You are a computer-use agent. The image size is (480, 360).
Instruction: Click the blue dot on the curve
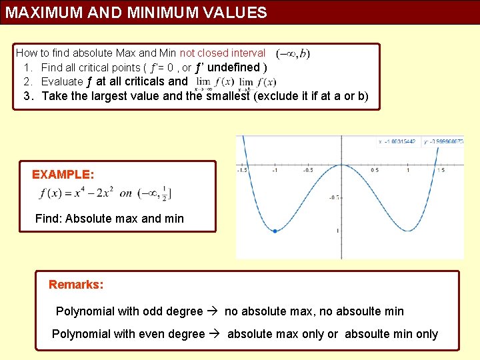275,231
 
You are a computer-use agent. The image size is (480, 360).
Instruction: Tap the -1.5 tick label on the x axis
243,171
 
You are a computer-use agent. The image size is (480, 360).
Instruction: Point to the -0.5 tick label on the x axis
309,171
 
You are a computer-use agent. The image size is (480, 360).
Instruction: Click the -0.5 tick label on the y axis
334,197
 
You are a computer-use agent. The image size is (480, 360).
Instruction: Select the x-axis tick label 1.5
441,171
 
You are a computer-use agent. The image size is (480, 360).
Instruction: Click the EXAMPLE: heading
63,175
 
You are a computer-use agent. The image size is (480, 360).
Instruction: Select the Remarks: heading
76,285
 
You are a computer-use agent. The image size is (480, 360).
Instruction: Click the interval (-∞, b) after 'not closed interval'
293,53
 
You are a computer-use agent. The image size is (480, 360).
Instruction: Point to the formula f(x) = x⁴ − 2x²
77,193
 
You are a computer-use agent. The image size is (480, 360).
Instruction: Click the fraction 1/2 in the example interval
163,193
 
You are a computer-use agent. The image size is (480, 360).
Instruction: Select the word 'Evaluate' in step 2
62,81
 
